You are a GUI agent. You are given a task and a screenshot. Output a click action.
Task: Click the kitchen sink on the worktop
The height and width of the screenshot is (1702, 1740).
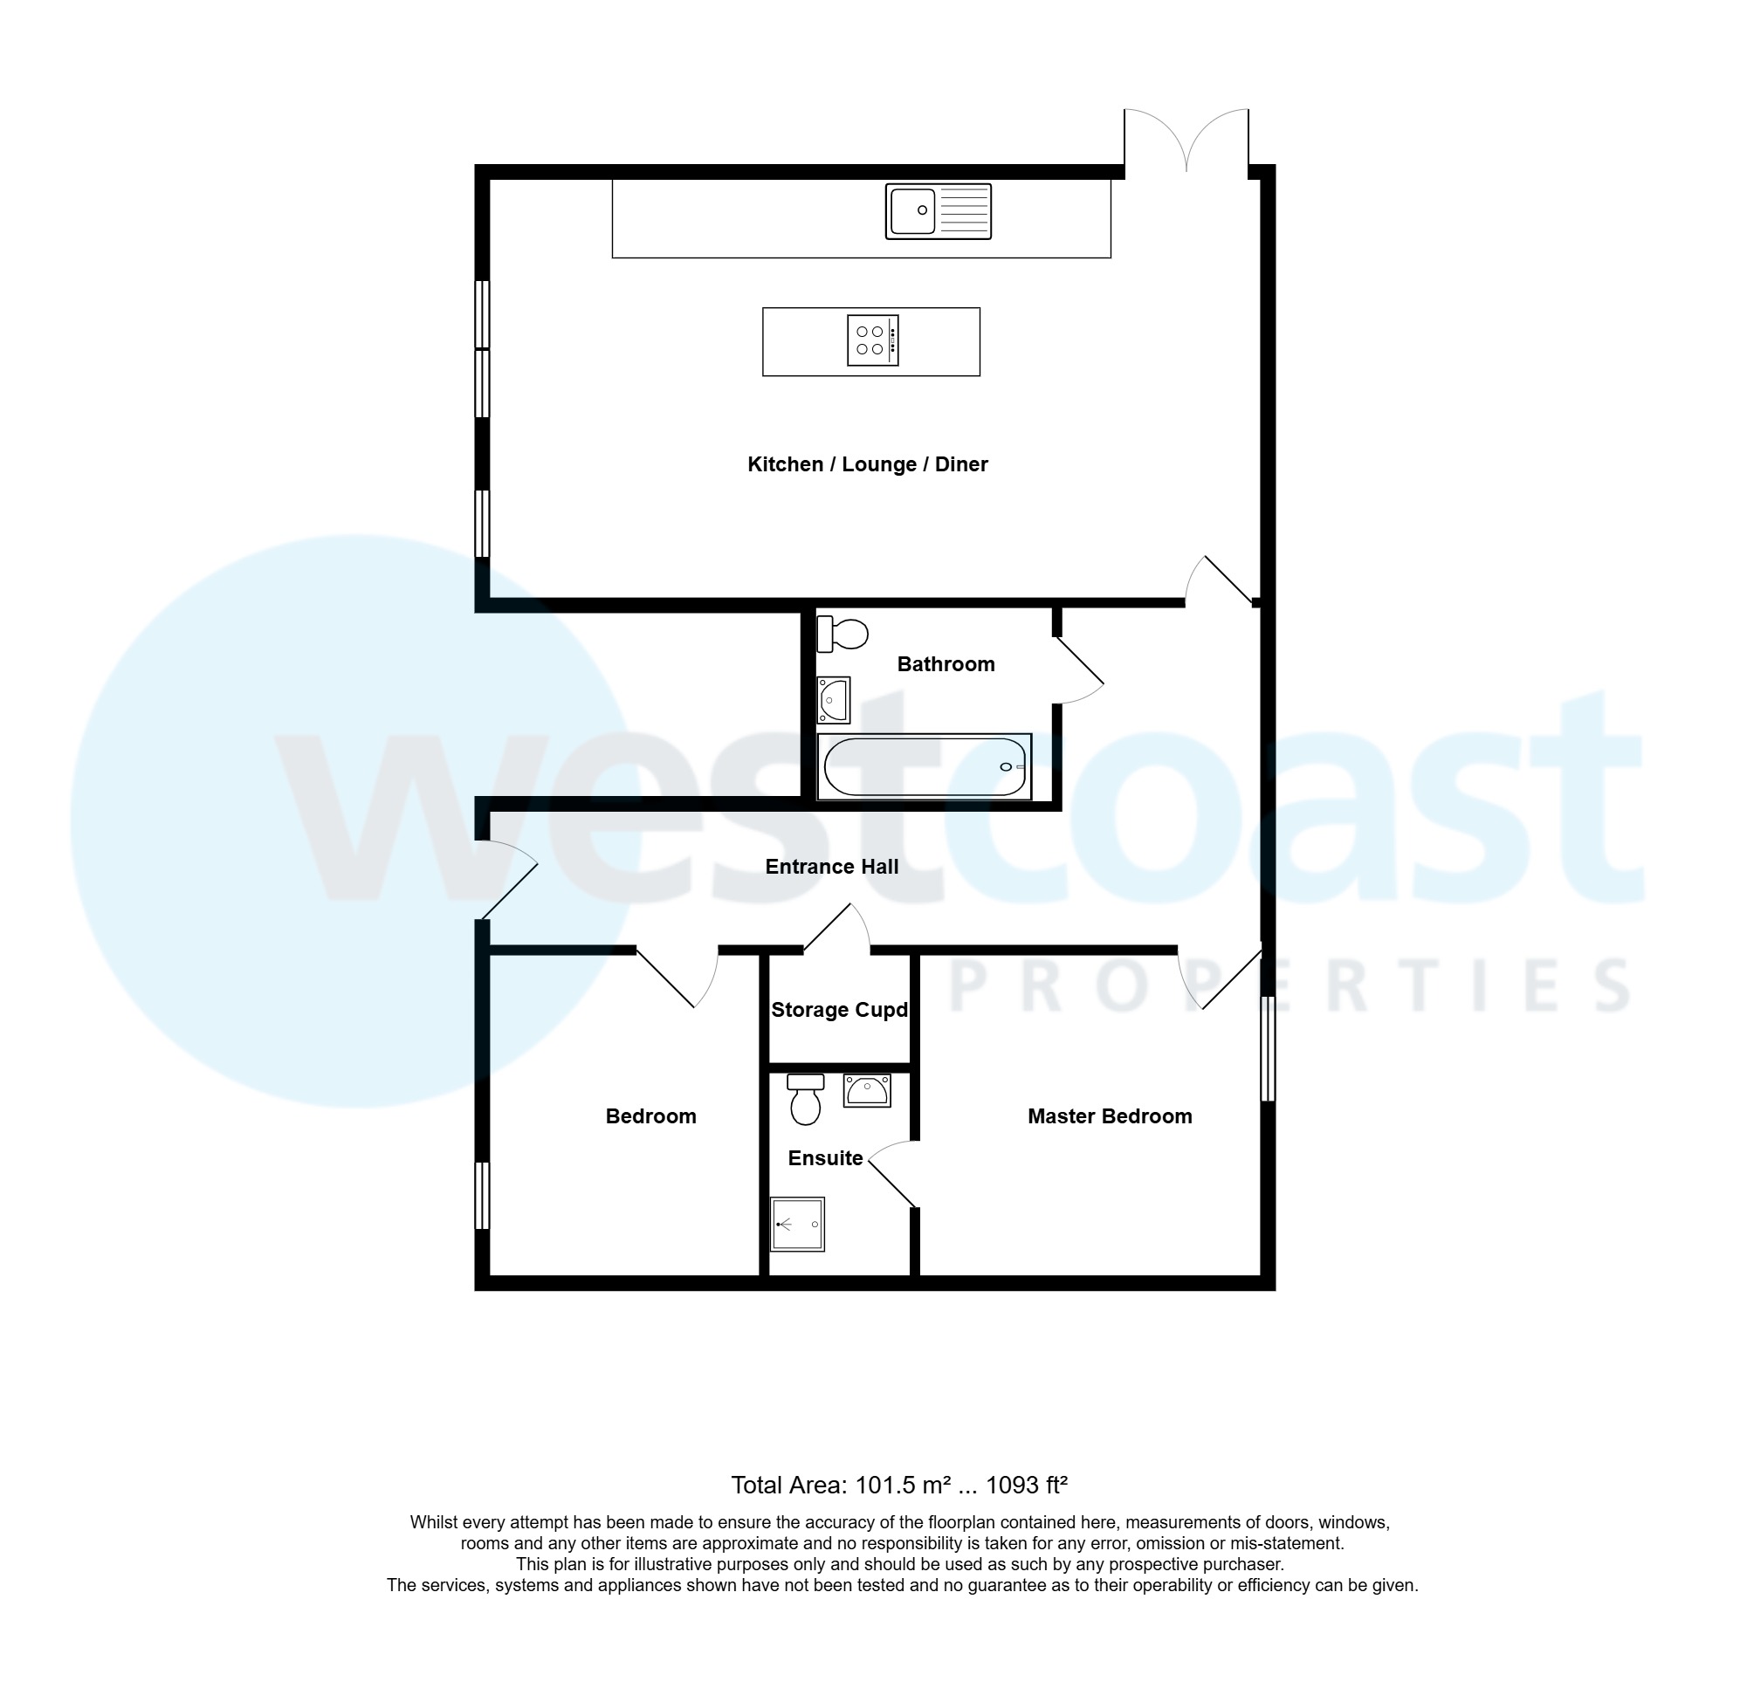coord(937,211)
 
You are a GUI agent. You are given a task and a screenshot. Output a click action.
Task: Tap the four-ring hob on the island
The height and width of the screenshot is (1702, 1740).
coord(872,340)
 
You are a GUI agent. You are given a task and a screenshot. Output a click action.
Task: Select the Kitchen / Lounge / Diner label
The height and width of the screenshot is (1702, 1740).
coord(867,464)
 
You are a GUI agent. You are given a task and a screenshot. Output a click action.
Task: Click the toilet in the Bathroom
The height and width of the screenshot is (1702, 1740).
coord(842,634)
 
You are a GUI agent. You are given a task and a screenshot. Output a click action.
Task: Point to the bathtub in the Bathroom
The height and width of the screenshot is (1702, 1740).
coord(925,766)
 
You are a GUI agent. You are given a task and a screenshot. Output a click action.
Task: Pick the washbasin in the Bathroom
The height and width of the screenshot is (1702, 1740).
coord(834,699)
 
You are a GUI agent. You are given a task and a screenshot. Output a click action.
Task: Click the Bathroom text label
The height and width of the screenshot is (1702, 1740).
coord(946,664)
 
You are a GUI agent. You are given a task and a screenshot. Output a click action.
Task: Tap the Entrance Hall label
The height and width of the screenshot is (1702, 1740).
coord(831,866)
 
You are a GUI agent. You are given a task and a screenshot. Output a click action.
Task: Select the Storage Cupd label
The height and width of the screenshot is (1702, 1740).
coord(839,1010)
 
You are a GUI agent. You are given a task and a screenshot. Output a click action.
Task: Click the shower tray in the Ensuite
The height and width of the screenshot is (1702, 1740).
coord(798,1224)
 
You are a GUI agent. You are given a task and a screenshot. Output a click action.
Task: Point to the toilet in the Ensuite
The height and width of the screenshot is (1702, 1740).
coord(806,1100)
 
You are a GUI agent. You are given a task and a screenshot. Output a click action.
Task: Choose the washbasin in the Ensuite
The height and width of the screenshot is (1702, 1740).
coord(866,1090)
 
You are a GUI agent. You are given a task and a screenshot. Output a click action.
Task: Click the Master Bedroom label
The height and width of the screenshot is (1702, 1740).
coord(1109,1115)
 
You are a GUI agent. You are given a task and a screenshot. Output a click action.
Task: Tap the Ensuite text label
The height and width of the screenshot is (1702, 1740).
coord(824,1158)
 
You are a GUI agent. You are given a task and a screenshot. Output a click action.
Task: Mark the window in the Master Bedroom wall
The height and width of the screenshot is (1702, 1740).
coord(1267,1048)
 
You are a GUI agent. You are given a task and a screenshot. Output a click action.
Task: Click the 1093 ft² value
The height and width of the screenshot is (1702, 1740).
coord(1027,1485)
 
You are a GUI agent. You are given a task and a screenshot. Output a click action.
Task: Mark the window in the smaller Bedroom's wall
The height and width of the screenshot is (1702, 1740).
coord(482,1195)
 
